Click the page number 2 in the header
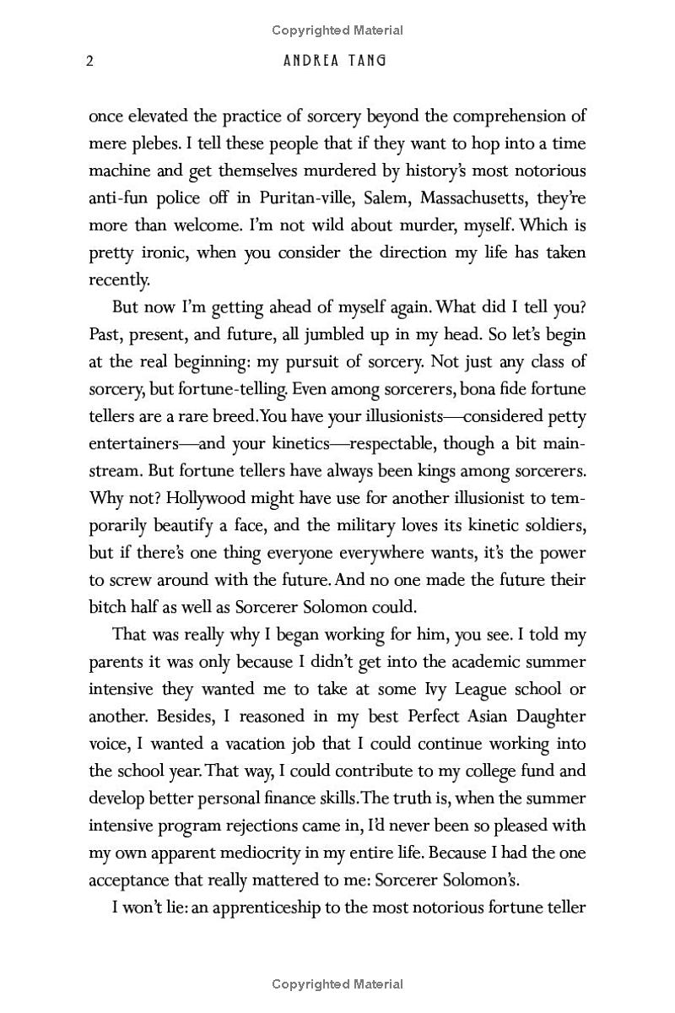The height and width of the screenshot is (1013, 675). [89, 62]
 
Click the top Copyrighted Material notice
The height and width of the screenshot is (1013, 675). [337, 30]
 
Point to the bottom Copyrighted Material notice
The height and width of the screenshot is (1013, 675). [337, 983]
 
